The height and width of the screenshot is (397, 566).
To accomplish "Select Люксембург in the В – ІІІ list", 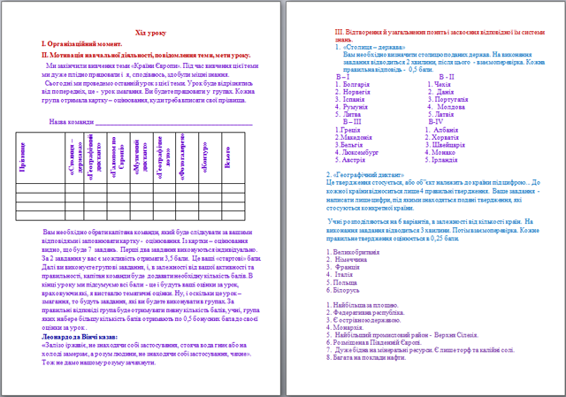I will pos(356,153).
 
